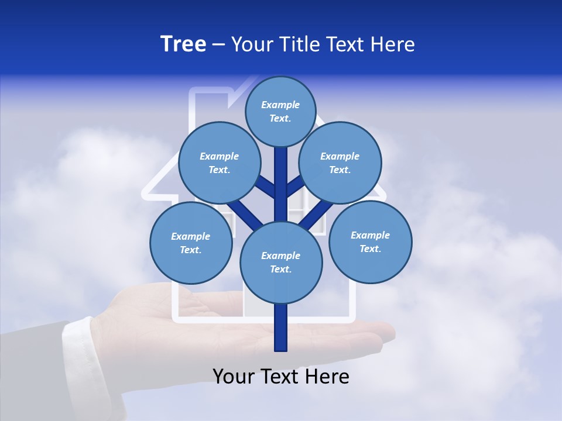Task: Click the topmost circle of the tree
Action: tap(280, 112)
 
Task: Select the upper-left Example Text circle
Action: tap(220, 163)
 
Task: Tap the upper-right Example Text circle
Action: tap(340, 163)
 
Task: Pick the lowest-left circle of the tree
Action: tap(191, 243)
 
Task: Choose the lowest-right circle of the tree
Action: tap(370, 242)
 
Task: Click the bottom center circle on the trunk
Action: tap(281, 263)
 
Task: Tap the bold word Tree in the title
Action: tap(183, 44)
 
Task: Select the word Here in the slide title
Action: tap(395, 44)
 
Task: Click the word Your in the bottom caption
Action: tap(234, 377)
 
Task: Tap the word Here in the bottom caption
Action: tap(328, 377)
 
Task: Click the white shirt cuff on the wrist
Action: tap(76, 345)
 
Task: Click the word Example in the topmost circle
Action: tap(280, 105)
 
